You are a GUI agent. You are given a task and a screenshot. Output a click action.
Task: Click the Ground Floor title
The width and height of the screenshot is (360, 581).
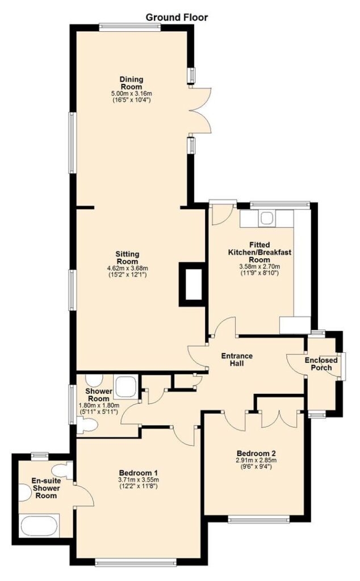click(x=177, y=17)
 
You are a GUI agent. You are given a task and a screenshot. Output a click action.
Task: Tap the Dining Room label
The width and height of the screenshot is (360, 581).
click(x=131, y=83)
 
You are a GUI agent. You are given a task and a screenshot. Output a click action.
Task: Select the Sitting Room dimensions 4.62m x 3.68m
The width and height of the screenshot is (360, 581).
click(x=128, y=268)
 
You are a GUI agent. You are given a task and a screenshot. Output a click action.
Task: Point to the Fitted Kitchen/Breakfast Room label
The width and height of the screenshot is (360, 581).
click(x=259, y=252)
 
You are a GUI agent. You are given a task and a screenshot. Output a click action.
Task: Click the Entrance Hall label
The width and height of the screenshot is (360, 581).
click(x=237, y=359)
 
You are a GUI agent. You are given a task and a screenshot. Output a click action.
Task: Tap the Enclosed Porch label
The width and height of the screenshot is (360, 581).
click(x=321, y=364)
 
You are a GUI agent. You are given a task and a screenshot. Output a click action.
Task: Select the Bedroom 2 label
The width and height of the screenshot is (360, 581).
click(x=256, y=453)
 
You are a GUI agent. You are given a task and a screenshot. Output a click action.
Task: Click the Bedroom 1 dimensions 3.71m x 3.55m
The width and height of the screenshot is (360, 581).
click(x=139, y=480)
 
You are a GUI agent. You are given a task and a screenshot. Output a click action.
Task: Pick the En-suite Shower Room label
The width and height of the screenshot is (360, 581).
click(x=46, y=487)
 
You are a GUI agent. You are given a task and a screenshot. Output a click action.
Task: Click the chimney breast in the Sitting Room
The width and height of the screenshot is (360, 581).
click(x=192, y=284)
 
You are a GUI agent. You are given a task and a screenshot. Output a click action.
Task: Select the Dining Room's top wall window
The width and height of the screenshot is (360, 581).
click(x=130, y=27)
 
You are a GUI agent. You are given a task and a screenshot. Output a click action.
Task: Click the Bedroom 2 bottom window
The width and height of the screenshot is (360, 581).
click(x=259, y=520)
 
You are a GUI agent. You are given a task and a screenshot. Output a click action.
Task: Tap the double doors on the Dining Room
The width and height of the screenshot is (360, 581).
click(x=200, y=110)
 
